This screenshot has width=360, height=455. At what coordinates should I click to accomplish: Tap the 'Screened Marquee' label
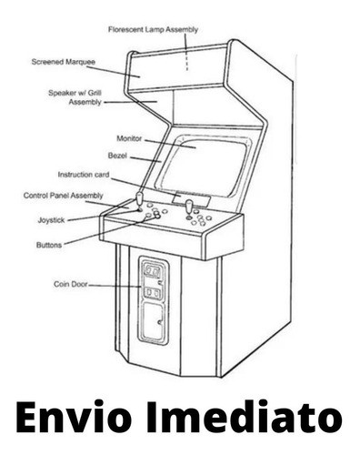[64, 63]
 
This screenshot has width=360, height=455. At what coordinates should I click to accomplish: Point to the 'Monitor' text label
[129, 137]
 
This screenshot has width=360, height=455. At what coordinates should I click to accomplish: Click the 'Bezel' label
[116, 156]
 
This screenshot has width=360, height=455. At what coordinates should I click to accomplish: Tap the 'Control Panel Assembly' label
[64, 196]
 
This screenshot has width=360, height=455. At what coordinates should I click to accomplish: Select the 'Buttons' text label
[49, 245]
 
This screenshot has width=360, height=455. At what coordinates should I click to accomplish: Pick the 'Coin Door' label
[70, 285]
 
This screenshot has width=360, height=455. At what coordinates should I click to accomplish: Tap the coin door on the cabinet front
[152, 299]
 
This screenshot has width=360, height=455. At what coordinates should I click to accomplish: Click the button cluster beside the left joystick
[155, 214]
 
